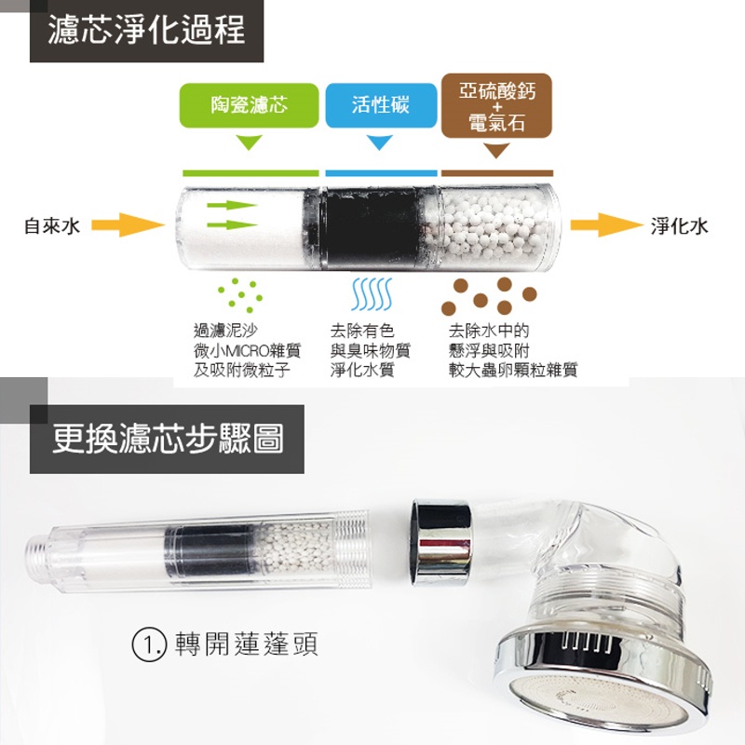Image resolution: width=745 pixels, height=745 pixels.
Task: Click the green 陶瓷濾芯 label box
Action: coord(249,105)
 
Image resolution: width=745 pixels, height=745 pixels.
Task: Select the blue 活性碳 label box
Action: coord(381,105)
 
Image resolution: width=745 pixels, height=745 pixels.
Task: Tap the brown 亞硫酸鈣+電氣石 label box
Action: coord(496,105)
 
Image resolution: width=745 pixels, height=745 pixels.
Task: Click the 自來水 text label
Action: coord(52,225)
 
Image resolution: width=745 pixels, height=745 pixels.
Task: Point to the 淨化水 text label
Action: coord(680,225)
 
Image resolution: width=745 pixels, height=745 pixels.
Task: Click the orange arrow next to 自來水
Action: coord(128,224)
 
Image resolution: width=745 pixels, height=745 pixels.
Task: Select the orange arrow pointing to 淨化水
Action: coord(606,224)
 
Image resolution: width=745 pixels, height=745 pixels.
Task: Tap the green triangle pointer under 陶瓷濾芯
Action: coord(249,142)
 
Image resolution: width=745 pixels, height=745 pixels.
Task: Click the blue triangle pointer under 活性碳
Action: coord(380,142)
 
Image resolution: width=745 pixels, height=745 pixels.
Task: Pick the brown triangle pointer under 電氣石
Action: coord(496,151)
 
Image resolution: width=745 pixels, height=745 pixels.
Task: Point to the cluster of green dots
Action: coord(240,295)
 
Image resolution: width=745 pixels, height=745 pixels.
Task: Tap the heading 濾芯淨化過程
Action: coord(146,30)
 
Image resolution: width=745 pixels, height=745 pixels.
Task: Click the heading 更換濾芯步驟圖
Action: coord(168,438)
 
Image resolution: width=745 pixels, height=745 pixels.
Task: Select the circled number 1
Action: coord(149,644)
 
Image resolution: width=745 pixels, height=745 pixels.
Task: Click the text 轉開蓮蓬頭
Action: coord(247,643)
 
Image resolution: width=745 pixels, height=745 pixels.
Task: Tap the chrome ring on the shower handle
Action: coord(441,543)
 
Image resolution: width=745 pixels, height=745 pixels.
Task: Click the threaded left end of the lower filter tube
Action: coord(38,554)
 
